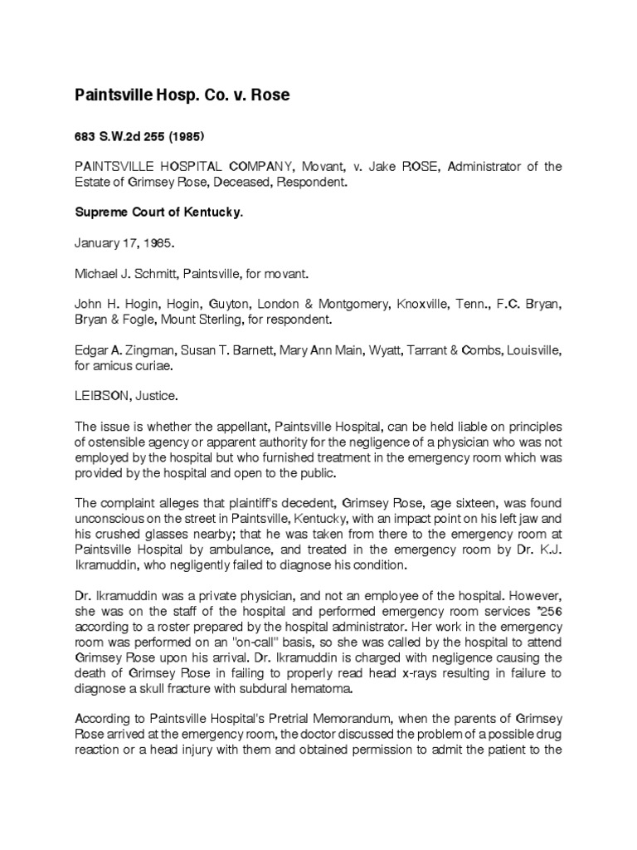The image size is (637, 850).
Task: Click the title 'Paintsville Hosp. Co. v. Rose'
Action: [182, 95]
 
